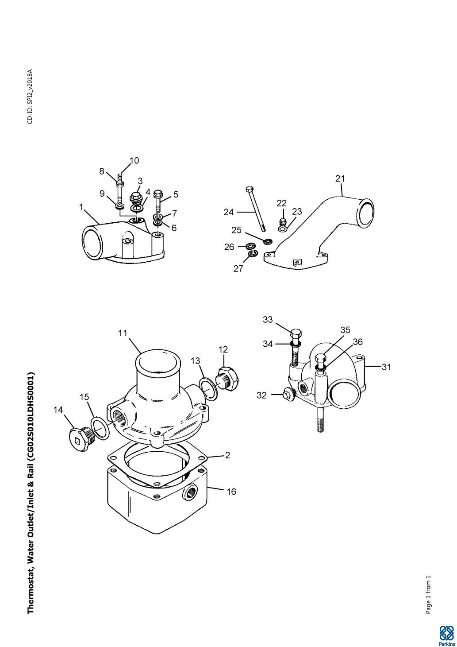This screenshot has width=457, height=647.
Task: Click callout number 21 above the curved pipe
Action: [x=340, y=179]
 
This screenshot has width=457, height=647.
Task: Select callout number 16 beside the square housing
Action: [x=231, y=491]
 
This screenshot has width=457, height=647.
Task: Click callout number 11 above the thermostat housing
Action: [x=123, y=333]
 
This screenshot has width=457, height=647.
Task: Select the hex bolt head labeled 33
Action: [x=296, y=335]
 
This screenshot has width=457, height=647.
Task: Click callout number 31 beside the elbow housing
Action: [x=386, y=367]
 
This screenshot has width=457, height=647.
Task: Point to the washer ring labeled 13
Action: [x=209, y=389]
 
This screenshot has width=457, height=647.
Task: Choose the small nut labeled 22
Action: [x=283, y=221]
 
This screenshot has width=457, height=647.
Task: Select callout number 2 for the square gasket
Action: [x=227, y=455]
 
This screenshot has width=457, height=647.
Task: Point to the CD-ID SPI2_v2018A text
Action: [x=30, y=97]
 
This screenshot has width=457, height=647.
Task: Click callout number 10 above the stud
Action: [x=134, y=160]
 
